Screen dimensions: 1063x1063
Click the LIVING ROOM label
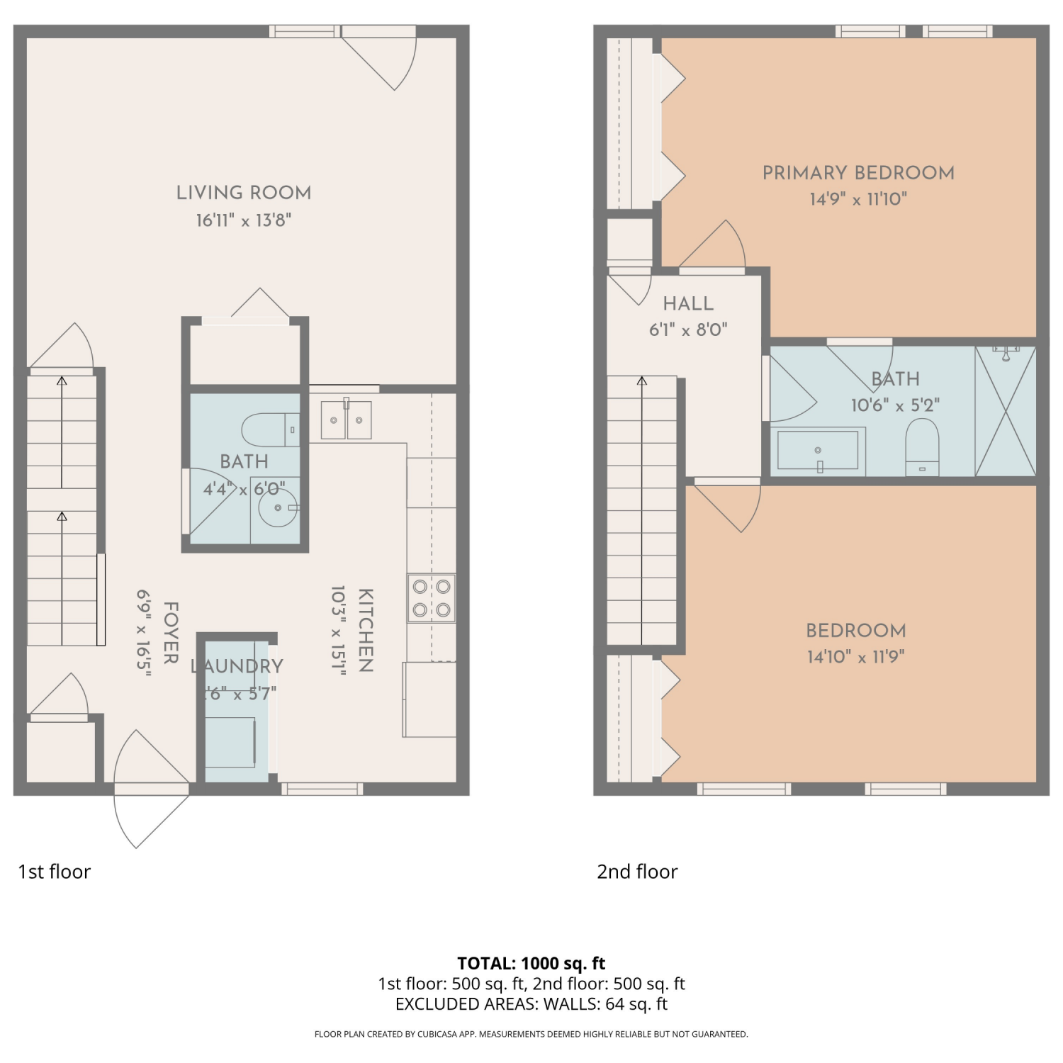[x=244, y=193]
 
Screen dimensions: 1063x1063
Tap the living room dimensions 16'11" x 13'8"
[x=244, y=220]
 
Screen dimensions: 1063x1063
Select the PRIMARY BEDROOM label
[x=858, y=173]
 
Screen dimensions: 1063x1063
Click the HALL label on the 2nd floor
[x=688, y=304]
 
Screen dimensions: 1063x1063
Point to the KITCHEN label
[x=365, y=630]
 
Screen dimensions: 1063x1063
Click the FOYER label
[x=171, y=633]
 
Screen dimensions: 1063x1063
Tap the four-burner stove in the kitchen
[x=432, y=598]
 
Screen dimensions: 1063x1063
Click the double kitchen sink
[x=346, y=420]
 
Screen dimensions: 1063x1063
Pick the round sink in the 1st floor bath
[x=278, y=507]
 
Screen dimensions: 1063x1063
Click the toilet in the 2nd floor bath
[x=922, y=447]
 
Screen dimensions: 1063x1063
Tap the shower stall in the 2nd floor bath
[x=1006, y=411]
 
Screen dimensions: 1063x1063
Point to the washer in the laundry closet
[x=230, y=742]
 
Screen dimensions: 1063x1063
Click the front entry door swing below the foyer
[x=151, y=789]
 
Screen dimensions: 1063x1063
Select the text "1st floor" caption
[x=55, y=872]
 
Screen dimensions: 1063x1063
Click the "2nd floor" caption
[x=637, y=872]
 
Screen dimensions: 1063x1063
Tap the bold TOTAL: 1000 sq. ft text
[x=531, y=963]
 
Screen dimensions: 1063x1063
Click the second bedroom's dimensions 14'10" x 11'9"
[x=856, y=657]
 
